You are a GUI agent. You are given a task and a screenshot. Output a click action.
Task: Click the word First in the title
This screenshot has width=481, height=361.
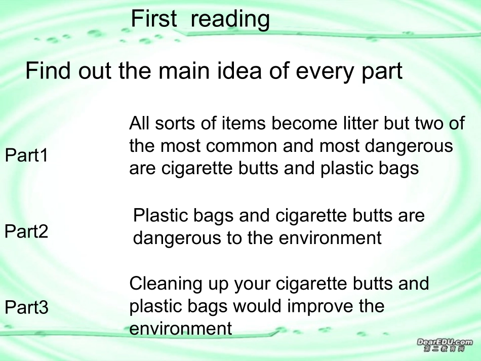pos(154,19)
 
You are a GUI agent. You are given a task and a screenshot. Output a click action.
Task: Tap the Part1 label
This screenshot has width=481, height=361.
pos(26,155)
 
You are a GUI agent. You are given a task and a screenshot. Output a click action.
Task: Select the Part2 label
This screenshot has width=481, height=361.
pos(26,232)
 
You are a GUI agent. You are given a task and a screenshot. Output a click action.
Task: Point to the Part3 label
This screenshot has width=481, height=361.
pos(26,307)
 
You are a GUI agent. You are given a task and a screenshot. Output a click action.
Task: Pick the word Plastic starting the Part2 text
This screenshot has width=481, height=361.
pos(159,216)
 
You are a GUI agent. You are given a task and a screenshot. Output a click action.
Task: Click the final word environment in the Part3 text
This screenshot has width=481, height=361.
pos(181,329)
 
